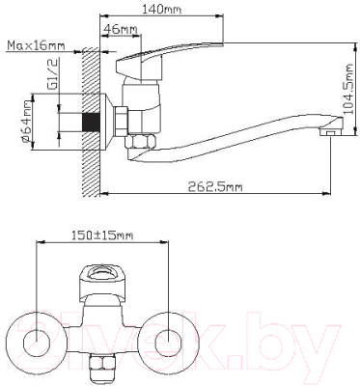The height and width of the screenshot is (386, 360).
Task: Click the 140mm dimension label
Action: click(x=161, y=9)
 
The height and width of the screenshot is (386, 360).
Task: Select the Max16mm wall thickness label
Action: click(x=36, y=45)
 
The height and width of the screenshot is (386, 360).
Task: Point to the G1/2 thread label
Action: click(x=53, y=74)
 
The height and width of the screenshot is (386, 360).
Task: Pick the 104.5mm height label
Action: click(x=348, y=89)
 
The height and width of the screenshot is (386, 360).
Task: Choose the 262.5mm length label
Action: click(x=215, y=186)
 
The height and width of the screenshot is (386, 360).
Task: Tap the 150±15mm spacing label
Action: click(x=102, y=235)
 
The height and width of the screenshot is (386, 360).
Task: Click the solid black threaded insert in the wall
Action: click(x=92, y=123)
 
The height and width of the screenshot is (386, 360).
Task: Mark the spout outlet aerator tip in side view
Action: click(x=331, y=132)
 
